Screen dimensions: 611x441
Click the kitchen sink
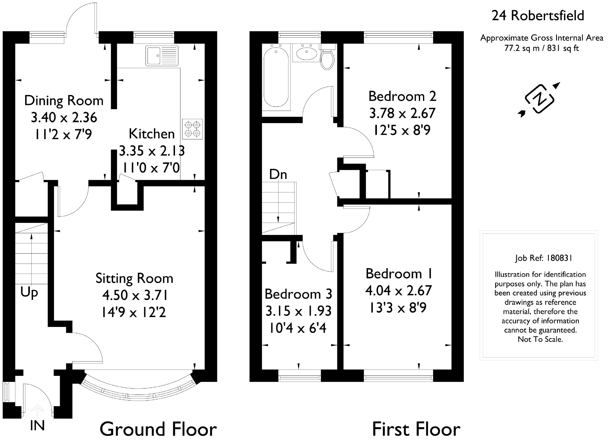click(x=162, y=56)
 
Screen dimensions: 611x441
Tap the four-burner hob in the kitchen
click(x=193, y=129)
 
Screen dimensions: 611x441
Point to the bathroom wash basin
click(x=306, y=53)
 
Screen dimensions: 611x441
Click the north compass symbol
click(x=539, y=99)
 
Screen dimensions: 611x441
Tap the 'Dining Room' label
click(x=64, y=100)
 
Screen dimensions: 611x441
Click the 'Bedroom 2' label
click(x=402, y=96)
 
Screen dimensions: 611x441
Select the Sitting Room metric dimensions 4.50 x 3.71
click(x=135, y=295)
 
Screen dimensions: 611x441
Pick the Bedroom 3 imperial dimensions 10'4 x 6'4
click(x=298, y=328)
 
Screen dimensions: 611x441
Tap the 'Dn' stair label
click(x=278, y=174)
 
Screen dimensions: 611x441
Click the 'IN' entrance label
click(x=37, y=426)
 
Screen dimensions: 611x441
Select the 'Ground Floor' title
click(x=158, y=429)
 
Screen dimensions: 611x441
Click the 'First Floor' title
click(x=416, y=429)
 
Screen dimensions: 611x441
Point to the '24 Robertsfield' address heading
click(x=538, y=15)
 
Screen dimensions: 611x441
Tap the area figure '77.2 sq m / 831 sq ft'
click(x=542, y=48)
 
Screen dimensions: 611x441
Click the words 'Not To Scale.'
click(x=540, y=339)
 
